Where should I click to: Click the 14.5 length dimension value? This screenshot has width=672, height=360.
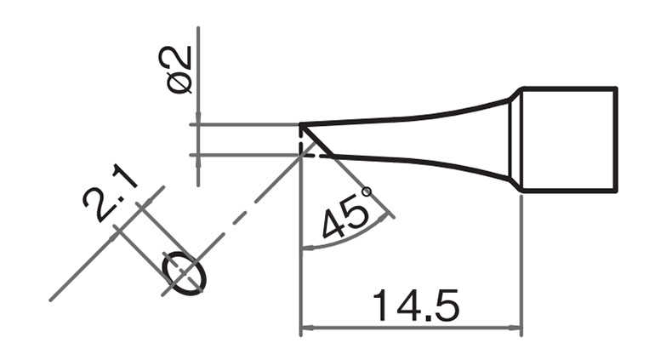(416, 306)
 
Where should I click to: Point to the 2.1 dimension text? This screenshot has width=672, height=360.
(108, 193)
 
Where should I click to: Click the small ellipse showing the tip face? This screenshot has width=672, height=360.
(185, 272)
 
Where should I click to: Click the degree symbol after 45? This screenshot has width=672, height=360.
(367, 191)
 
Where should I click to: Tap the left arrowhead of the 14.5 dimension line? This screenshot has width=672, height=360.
(308, 328)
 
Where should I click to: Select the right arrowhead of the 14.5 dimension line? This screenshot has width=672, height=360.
(515, 328)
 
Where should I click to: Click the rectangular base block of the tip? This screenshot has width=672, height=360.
(569, 140)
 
